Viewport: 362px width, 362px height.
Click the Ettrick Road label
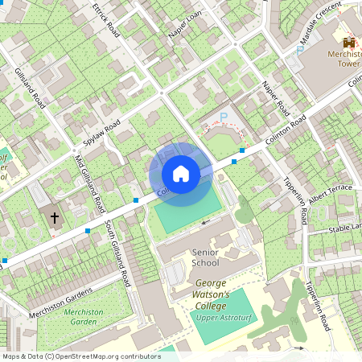coord(105,23)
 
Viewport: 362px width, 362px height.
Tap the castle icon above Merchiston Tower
coord(348,42)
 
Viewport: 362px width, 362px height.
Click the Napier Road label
coord(275,97)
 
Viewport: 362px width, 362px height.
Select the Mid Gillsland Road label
coord(88,183)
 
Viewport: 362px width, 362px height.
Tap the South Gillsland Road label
coord(117,256)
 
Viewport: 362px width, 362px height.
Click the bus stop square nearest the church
coord(87,231)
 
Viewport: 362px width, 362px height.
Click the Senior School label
coord(206,257)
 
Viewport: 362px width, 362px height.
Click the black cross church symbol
coord(55,217)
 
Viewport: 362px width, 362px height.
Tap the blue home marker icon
coord(180,173)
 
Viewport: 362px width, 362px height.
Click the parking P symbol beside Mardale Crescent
coord(300,50)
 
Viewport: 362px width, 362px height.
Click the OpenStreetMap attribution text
coord(80,356)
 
